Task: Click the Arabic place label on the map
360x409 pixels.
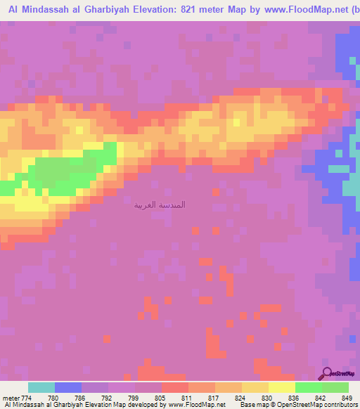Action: coord(160,204)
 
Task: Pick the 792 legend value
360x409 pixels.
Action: coord(108,397)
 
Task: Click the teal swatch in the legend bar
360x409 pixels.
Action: coord(41,387)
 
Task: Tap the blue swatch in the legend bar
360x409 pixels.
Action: coord(67,387)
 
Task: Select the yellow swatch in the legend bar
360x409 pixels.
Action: coord(281,387)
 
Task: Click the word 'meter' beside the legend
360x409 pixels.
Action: coord(10,397)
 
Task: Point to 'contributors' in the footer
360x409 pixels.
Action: coord(336,405)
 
